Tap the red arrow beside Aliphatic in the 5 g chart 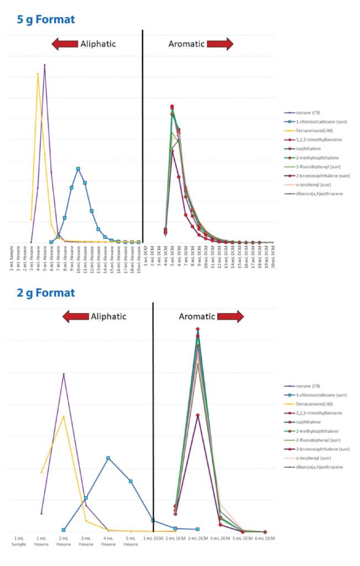[x=64, y=44]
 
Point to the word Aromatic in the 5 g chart [x=186, y=44]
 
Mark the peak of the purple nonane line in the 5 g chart [x=45, y=65]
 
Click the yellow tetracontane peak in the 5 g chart [x=38, y=74]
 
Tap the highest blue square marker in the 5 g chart [x=79, y=169]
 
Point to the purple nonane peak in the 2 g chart [x=64, y=374]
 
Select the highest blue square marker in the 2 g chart [x=108, y=458]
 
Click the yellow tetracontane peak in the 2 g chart [x=64, y=416]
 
